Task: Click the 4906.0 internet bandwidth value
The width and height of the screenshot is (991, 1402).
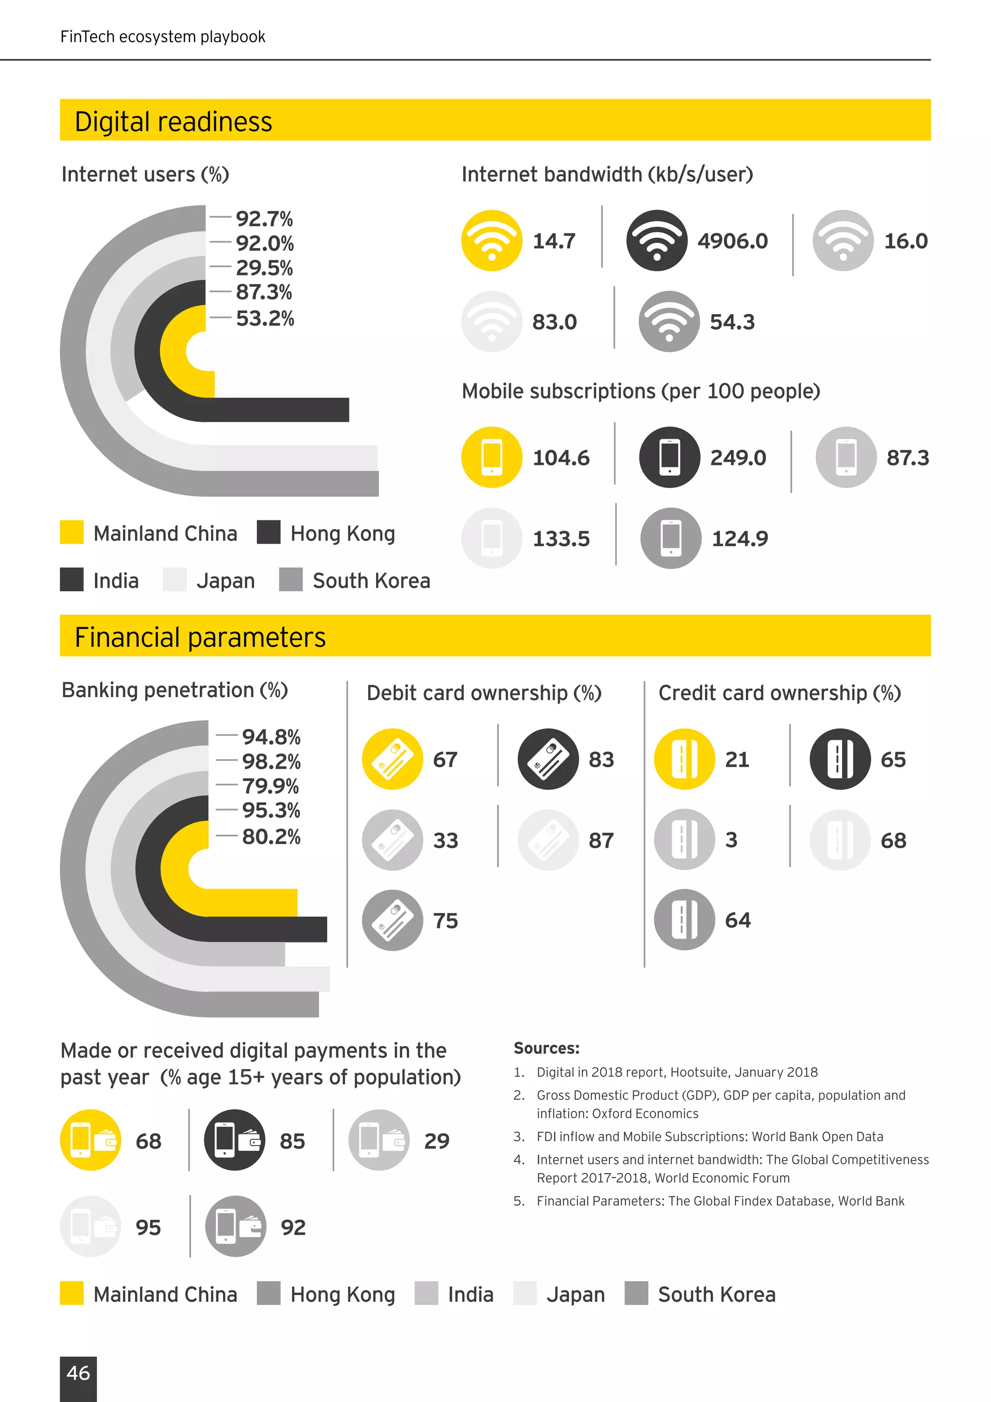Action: pos(732,241)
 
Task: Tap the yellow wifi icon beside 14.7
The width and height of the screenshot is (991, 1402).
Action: pos(492,241)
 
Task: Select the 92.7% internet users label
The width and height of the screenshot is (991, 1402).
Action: pos(264,219)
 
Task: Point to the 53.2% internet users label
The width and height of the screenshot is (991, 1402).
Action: pos(265,318)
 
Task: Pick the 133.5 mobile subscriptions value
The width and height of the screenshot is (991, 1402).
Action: pos(561,538)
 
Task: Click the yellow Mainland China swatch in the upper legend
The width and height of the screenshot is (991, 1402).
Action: pos(72,532)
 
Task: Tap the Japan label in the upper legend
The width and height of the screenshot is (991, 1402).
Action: pos(225,581)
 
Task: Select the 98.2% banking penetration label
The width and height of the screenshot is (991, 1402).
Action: pos(271,762)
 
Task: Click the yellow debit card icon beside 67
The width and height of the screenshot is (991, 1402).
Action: pos(392,759)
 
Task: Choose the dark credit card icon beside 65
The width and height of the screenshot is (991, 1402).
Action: pos(840,759)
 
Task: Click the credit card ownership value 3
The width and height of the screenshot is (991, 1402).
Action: pos(731,839)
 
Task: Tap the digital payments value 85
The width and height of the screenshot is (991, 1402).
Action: pos(292,1141)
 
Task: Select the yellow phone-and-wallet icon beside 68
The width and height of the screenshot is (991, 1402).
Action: pos(91,1140)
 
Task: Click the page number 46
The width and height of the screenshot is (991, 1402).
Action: pos(78,1372)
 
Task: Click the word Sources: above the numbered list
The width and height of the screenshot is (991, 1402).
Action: pos(546,1048)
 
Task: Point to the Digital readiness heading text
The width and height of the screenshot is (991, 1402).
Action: pos(173,122)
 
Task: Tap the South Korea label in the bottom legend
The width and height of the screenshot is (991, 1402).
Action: pos(717,1294)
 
